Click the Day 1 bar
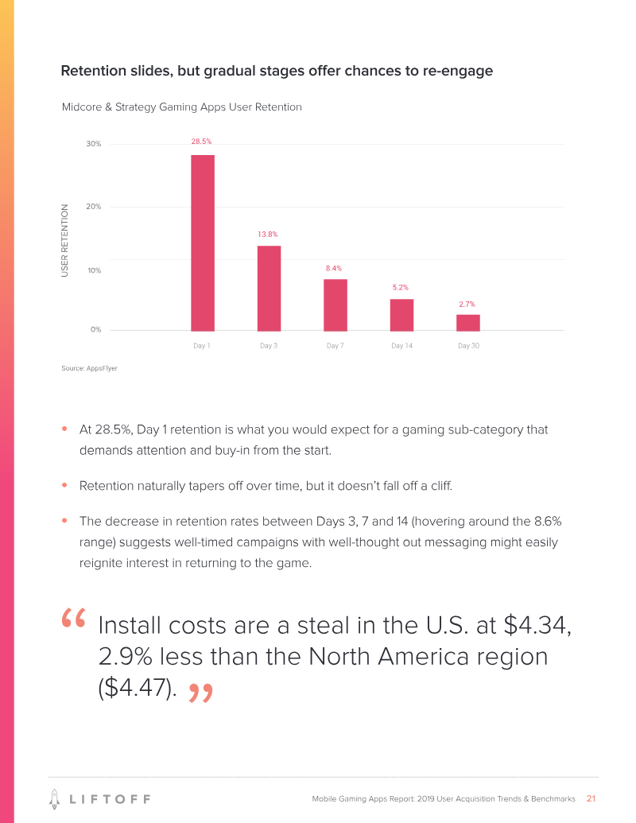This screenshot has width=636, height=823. pyautogui.click(x=202, y=243)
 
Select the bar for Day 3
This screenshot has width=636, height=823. pyautogui.click(x=269, y=288)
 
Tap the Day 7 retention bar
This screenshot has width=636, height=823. pyautogui.click(x=335, y=305)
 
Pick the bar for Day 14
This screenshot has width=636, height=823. pyautogui.click(x=401, y=315)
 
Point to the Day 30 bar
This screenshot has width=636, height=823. pyautogui.click(x=468, y=322)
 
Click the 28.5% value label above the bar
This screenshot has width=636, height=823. pyautogui.click(x=201, y=142)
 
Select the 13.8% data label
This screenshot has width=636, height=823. pyautogui.click(x=267, y=235)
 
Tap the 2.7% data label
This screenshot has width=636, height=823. pyautogui.click(x=467, y=305)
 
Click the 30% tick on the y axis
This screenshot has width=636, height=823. pyautogui.click(x=94, y=144)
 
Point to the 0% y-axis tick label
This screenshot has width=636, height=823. pyautogui.click(x=95, y=329)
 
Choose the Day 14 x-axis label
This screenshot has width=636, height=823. pyautogui.click(x=401, y=346)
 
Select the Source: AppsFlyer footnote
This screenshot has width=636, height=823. pyautogui.click(x=89, y=369)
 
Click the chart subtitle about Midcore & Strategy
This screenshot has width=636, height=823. pyautogui.click(x=182, y=107)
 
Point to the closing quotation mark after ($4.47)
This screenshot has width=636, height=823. pyautogui.click(x=201, y=693)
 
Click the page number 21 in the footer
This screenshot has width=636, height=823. pyautogui.click(x=591, y=798)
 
